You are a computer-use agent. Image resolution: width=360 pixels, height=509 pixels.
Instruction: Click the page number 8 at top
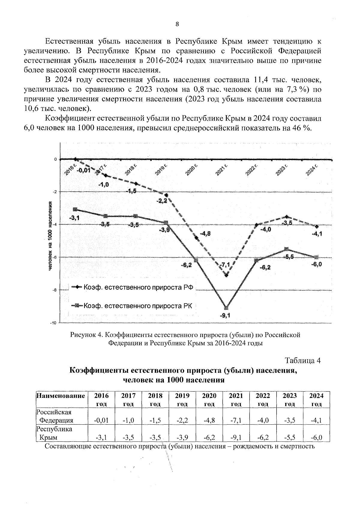point(177,25)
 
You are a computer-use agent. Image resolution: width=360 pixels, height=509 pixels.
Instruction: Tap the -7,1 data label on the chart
point(224,265)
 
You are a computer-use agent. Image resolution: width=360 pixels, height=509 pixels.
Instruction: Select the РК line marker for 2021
point(226,308)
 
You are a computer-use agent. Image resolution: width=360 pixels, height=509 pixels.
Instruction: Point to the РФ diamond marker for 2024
point(317,227)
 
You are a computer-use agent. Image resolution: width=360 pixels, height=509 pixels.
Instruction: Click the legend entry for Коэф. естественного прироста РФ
point(132,287)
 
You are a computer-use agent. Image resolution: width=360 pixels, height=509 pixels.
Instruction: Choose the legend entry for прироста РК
point(132,306)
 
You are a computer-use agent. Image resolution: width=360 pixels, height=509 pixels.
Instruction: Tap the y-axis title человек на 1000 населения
point(50,236)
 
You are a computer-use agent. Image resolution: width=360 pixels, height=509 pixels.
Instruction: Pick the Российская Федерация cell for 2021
point(236,420)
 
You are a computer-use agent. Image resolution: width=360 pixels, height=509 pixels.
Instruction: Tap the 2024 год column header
point(316,399)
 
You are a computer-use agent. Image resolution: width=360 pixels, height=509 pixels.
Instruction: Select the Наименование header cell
point(61,396)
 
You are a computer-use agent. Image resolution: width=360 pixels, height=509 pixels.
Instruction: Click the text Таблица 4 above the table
point(303,360)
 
